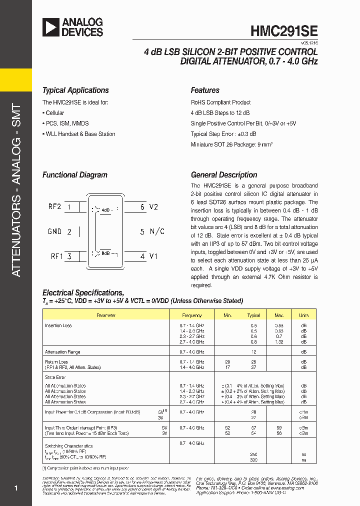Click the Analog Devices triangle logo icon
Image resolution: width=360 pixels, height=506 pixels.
tap(50, 27)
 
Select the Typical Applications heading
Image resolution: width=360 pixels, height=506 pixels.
tap(75, 90)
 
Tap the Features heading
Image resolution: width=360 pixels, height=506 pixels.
tap(205, 90)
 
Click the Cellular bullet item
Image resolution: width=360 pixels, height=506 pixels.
tap(53, 113)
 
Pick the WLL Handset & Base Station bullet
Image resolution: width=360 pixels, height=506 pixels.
tap(78, 134)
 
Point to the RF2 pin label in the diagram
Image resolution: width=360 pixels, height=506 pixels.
tap(54, 206)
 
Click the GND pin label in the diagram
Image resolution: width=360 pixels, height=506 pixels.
tap(54, 231)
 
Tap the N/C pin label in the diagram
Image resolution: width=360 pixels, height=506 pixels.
tap(157, 231)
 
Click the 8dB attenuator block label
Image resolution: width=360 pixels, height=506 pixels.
tap(105, 253)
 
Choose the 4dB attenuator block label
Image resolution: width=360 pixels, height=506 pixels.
tap(105, 210)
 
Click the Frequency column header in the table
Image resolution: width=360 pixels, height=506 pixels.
tap(192, 315)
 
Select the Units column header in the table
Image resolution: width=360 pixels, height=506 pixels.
tap(303, 315)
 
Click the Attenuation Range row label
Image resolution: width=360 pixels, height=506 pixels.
tap(62, 352)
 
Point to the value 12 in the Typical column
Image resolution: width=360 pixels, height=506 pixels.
tap(254, 352)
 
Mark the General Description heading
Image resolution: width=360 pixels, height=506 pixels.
tap(224, 175)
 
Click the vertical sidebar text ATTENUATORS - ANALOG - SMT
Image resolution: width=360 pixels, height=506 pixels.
tap(16, 190)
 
